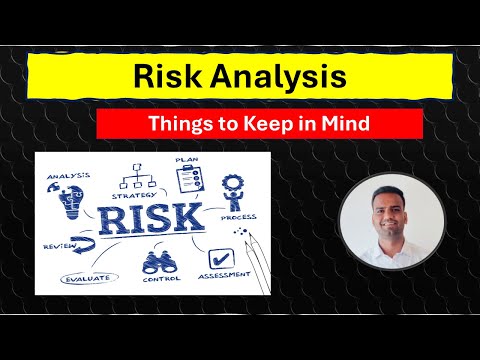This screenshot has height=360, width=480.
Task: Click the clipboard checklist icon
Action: [x=191, y=181]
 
